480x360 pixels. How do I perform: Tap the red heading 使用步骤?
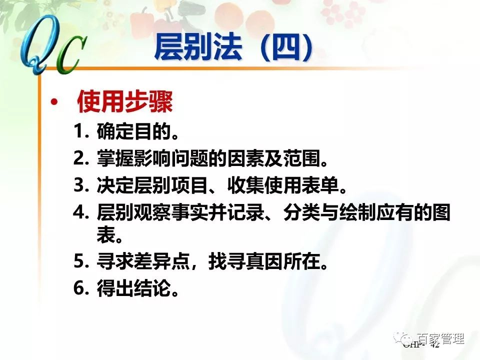[124, 103]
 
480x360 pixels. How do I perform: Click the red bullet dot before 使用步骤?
[54, 103]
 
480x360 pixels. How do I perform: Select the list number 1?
[81, 132]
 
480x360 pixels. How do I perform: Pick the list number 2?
[81, 159]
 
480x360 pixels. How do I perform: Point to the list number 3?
[81, 185]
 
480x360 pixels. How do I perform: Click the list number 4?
[81, 212]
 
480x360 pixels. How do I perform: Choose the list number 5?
[81, 260]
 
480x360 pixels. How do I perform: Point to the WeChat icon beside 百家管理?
[404, 338]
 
